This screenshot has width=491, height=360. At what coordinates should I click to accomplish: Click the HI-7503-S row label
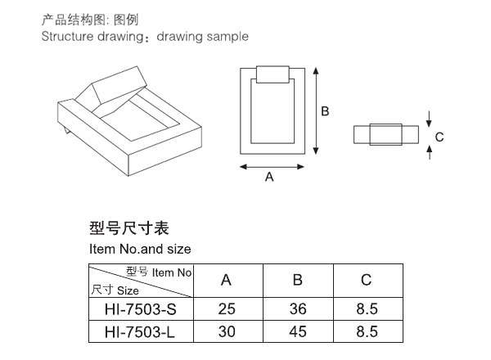coord(141,309)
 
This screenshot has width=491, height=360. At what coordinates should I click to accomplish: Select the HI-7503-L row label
coord(140,332)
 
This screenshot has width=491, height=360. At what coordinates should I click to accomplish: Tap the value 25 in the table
coord(227,309)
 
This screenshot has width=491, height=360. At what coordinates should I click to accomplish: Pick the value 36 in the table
coord(298,309)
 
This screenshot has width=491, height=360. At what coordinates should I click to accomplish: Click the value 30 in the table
coord(227,331)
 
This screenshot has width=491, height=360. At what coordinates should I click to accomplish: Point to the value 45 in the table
coord(298,331)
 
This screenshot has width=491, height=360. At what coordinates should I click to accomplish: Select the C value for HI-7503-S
coord(367,309)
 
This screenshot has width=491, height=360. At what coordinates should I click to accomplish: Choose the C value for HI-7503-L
coord(367,331)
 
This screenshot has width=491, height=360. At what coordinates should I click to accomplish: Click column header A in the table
coord(226,280)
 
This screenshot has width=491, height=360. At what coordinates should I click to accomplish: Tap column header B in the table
coord(298,280)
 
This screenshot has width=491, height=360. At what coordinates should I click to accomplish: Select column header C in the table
coord(366,280)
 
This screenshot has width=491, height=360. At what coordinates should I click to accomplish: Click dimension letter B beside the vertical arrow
coord(325,111)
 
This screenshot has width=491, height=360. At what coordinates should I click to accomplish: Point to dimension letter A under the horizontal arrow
coord(269,178)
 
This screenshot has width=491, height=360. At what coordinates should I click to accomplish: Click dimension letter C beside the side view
coord(439,137)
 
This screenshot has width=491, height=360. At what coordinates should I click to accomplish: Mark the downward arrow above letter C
coord(429,119)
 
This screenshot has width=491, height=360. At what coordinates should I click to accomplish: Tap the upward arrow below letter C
coord(430,152)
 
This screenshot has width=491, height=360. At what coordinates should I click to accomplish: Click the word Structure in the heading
coord(67,36)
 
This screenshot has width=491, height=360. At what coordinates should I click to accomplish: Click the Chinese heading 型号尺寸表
coord(129,228)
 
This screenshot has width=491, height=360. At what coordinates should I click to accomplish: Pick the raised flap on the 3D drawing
coord(120,85)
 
